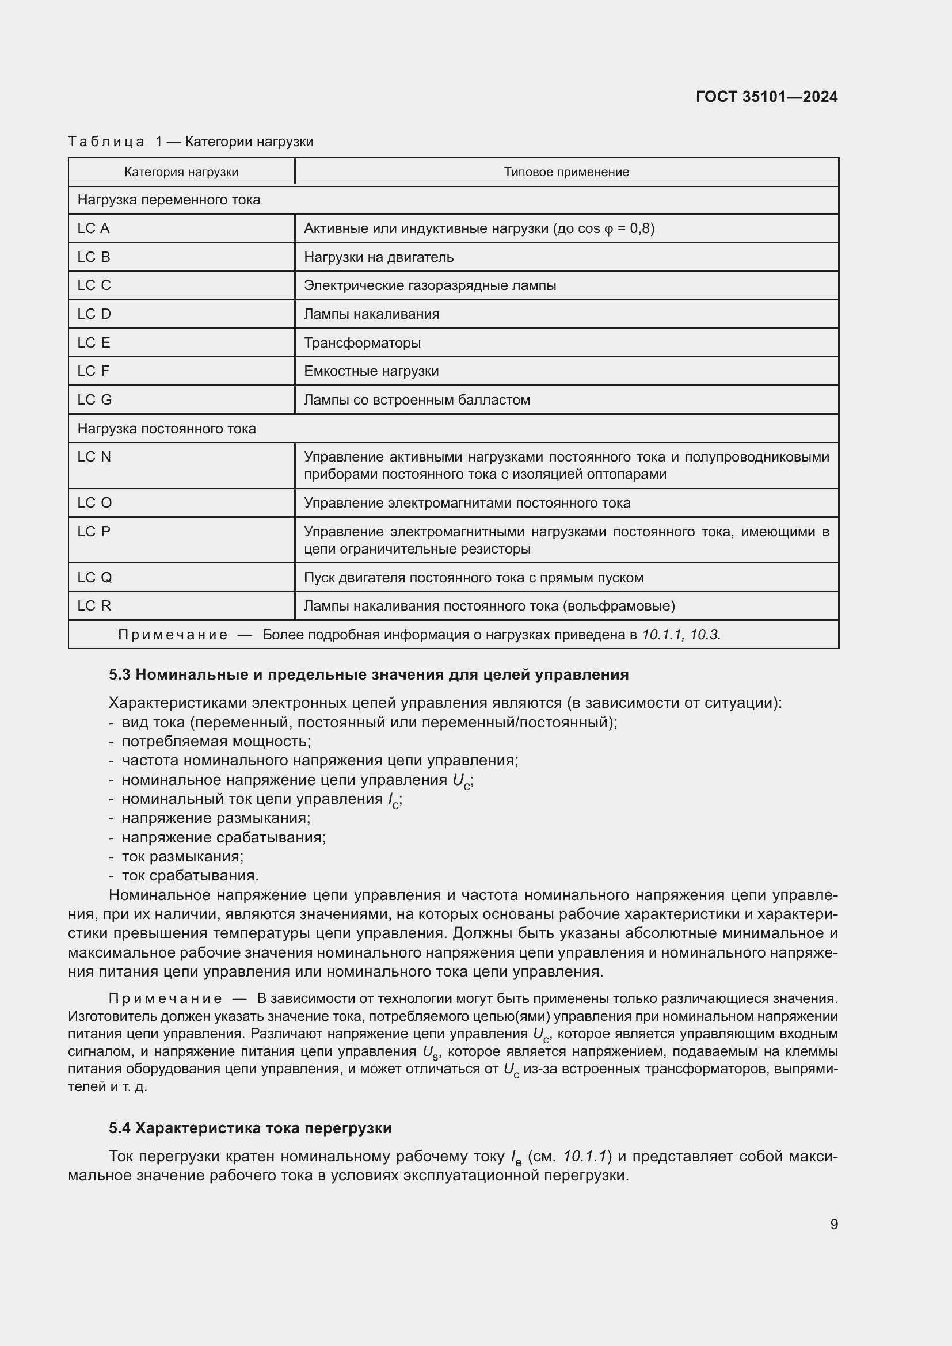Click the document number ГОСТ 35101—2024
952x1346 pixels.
766,97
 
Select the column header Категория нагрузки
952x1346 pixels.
181,171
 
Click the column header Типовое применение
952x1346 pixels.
566,171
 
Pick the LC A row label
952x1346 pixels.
94,228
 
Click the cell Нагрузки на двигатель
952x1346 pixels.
378,257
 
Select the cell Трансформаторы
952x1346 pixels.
361,342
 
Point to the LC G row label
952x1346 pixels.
94,400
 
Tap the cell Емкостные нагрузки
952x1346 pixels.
371,371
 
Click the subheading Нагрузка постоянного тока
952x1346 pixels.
166,429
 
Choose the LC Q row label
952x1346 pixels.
94,577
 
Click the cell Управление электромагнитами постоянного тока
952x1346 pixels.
467,503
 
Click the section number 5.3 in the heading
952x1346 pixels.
119,675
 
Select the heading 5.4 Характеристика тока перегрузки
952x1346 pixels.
250,1128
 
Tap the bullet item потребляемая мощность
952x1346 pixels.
216,741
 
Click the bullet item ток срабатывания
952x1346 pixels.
190,875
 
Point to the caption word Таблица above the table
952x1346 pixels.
106,142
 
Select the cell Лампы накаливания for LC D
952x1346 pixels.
371,314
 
